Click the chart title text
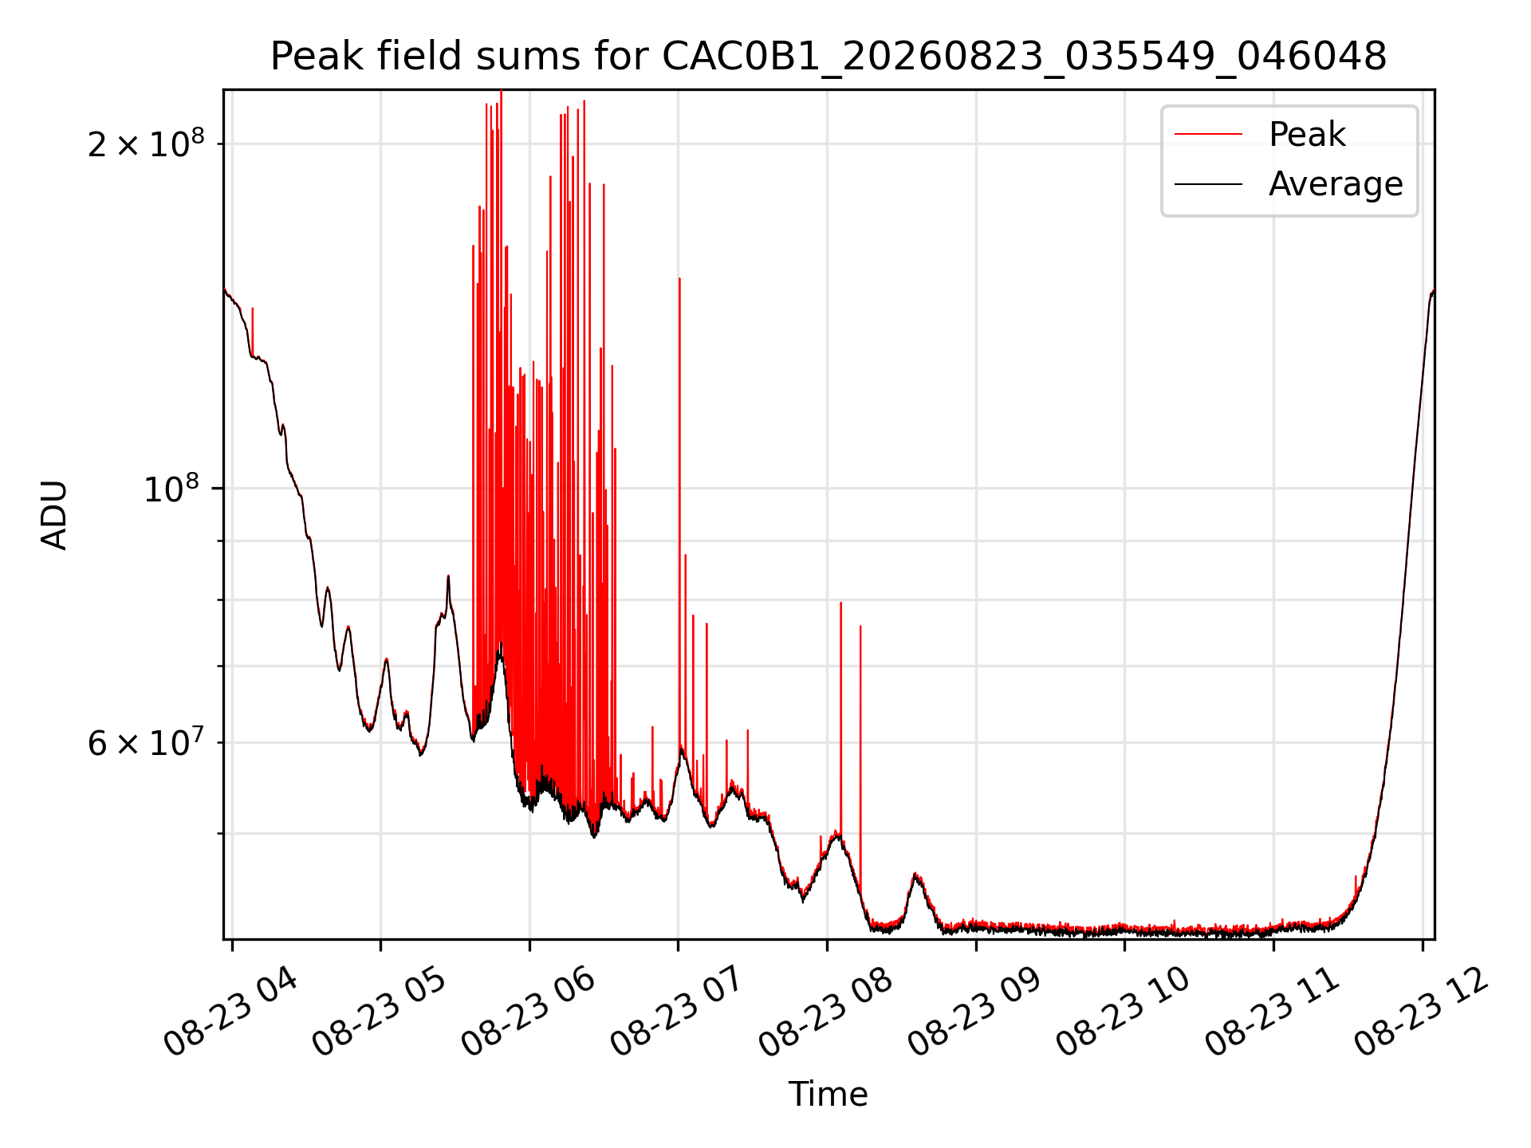(x=828, y=57)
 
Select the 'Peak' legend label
(x=1307, y=134)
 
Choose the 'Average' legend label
(x=1336, y=184)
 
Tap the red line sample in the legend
(x=1208, y=134)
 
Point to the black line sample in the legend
(x=1208, y=184)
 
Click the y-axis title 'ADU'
(x=54, y=514)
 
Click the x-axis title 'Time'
(x=828, y=1094)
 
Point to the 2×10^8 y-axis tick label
(x=146, y=143)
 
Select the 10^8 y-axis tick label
(x=174, y=488)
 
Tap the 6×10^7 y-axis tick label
(x=146, y=742)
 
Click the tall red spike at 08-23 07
(x=679, y=510)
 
